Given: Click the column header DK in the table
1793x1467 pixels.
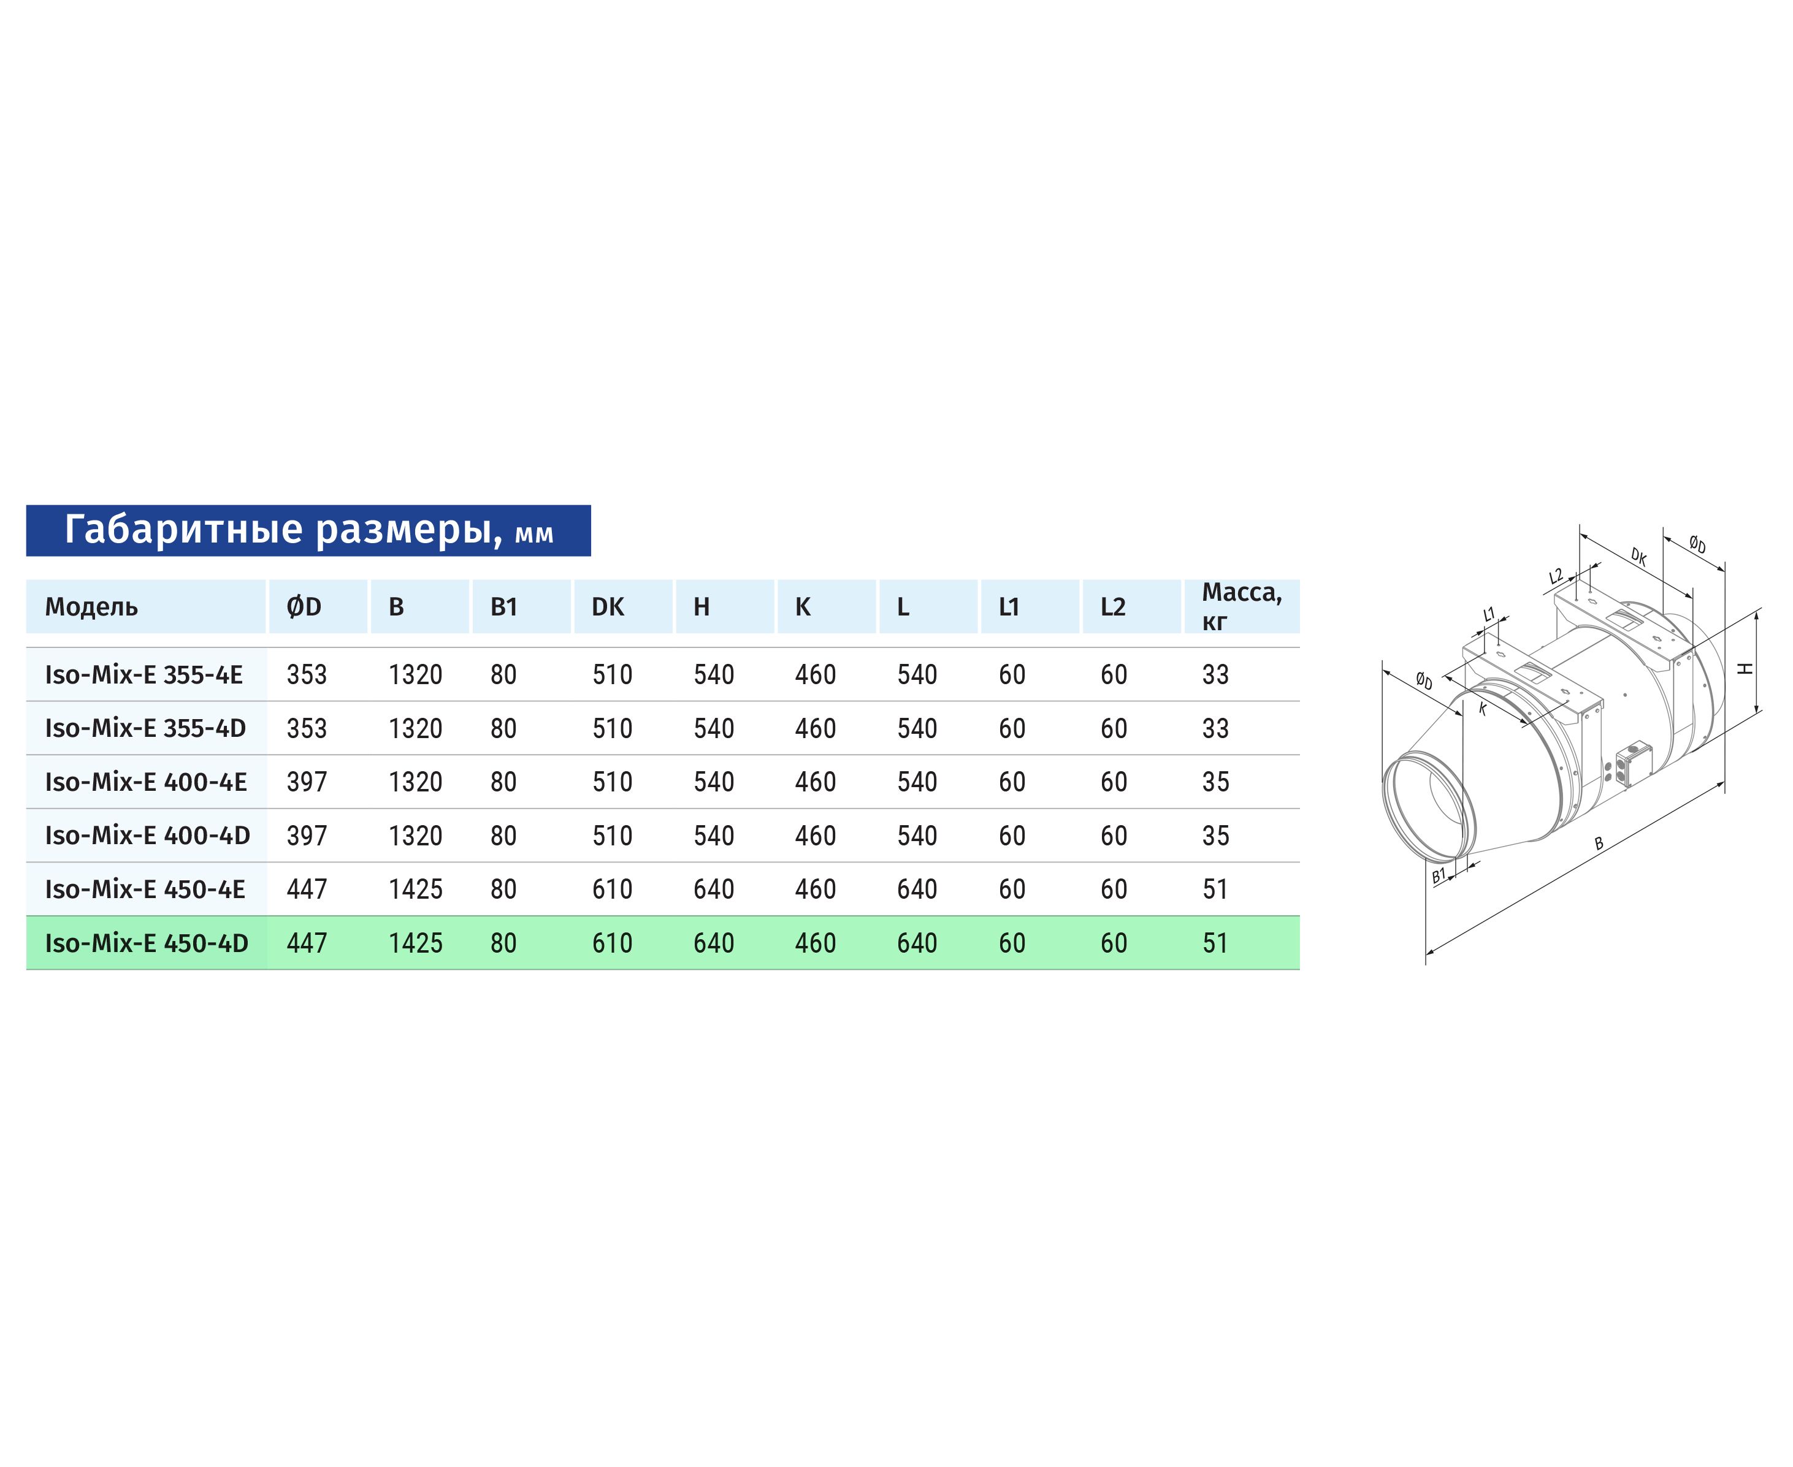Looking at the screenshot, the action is tap(607, 607).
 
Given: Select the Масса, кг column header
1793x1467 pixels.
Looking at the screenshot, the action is tap(1242, 607).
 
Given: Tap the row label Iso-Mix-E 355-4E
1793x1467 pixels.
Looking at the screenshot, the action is tap(143, 674).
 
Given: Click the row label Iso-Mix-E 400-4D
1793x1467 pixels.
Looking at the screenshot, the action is tap(147, 836).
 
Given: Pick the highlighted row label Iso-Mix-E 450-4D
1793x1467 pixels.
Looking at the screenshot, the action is tap(146, 943).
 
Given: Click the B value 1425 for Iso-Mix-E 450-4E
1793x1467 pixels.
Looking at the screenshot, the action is tap(415, 889).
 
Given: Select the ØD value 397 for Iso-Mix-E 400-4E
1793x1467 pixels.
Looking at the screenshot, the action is tap(306, 782).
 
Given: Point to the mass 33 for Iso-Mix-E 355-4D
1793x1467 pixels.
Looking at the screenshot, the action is tap(1215, 728).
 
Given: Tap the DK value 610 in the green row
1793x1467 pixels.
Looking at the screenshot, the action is tap(612, 943).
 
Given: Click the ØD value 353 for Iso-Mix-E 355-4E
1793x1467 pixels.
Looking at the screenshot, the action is tap(306, 674).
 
